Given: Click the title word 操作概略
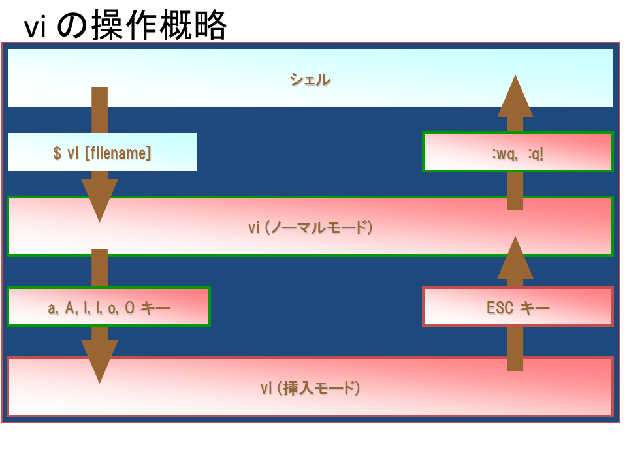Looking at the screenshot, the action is pyautogui.click(x=160, y=25).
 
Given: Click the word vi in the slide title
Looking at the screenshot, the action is pyautogui.click(x=35, y=28).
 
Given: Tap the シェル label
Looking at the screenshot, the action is pyautogui.click(x=310, y=80).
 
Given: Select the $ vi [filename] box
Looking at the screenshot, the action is pyautogui.click(x=103, y=152).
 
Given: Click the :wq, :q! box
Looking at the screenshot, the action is pyautogui.click(x=518, y=152).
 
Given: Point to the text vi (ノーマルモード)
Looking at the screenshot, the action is pyautogui.click(x=310, y=227).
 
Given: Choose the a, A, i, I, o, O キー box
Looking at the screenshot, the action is pyautogui.click(x=109, y=307).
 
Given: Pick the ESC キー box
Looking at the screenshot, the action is pyautogui.click(x=518, y=307).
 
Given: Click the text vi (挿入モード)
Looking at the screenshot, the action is pyautogui.click(x=310, y=388).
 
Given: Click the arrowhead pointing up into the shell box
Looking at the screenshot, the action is pyautogui.click(x=515, y=98).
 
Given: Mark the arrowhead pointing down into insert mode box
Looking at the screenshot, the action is pyautogui.click(x=99, y=361).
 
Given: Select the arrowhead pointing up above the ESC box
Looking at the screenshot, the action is pyautogui.click(x=515, y=258).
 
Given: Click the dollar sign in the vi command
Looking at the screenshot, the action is pyautogui.click(x=57, y=153).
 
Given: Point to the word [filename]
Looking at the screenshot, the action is pyautogui.click(x=118, y=153).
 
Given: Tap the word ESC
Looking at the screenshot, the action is pyautogui.click(x=500, y=307).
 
